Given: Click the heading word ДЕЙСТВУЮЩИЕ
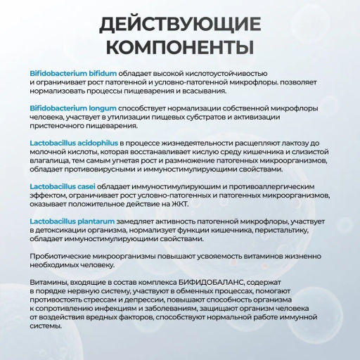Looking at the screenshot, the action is tap(180, 24).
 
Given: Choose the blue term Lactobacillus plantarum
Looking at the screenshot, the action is tap(68, 220).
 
